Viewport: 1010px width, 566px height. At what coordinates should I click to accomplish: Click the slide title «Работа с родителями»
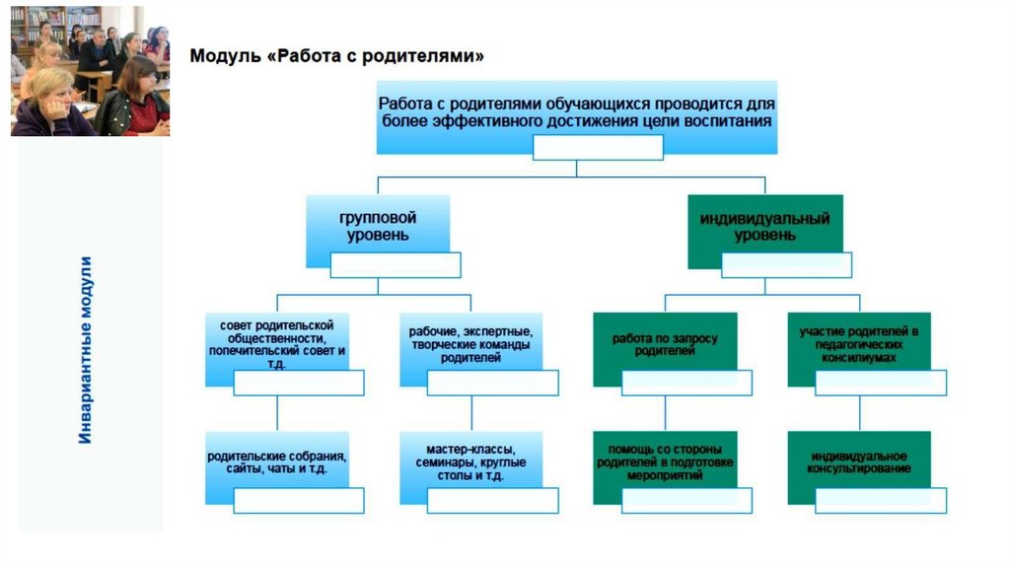pos(336,56)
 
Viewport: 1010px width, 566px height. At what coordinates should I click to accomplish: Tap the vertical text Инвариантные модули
pos(87,349)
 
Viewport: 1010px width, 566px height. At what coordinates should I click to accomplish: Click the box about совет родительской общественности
pos(276,343)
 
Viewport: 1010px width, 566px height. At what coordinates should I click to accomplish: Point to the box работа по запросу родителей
pos(664,344)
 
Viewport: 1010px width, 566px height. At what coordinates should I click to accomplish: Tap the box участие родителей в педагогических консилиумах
pos(858,342)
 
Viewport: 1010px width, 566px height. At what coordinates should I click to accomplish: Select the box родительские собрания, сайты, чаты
pos(276,462)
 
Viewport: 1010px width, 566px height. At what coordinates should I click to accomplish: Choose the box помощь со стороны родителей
pos(664,460)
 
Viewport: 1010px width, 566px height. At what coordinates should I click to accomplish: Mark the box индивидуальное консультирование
pos(858,461)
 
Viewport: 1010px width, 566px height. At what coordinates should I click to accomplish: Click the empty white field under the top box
pos(598,148)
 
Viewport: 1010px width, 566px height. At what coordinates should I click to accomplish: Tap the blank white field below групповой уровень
pos(395,265)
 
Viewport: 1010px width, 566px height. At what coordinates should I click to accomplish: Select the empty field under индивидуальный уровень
pos(785,265)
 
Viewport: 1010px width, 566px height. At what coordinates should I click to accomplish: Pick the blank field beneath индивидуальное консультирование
pos(881,501)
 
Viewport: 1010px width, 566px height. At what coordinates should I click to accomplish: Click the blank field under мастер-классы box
pos(493,501)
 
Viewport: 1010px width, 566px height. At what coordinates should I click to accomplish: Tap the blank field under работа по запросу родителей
pos(687,383)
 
